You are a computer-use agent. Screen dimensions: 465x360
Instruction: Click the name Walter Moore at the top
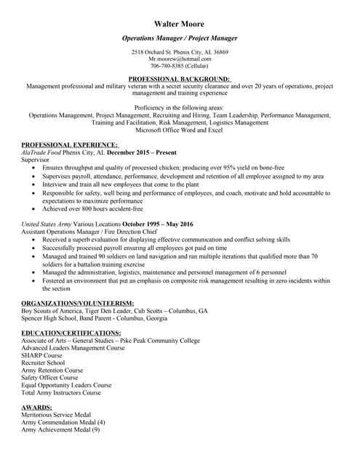point(180,23)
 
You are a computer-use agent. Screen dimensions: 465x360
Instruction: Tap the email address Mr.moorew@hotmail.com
point(180,59)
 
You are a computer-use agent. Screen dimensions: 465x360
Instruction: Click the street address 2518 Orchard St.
point(154,52)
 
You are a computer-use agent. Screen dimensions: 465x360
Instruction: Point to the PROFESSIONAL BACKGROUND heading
point(179,79)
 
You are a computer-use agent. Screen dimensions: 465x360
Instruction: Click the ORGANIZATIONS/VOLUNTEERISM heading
point(77,302)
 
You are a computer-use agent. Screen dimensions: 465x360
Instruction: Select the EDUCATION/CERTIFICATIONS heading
point(71,333)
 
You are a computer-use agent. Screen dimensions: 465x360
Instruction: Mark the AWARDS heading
point(37,408)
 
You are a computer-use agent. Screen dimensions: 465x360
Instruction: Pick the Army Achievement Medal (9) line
point(60,430)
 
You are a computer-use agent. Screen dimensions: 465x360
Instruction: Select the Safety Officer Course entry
point(49,378)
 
